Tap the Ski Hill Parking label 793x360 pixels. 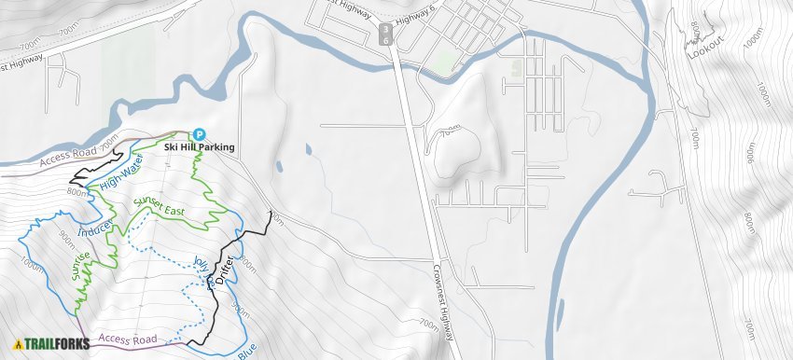[x=199, y=147]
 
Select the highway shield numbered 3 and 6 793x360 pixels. [x=386, y=35]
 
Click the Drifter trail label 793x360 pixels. [x=222, y=270]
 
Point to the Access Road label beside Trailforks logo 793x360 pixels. [x=127, y=339]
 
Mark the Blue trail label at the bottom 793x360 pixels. [x=246, y=353]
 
